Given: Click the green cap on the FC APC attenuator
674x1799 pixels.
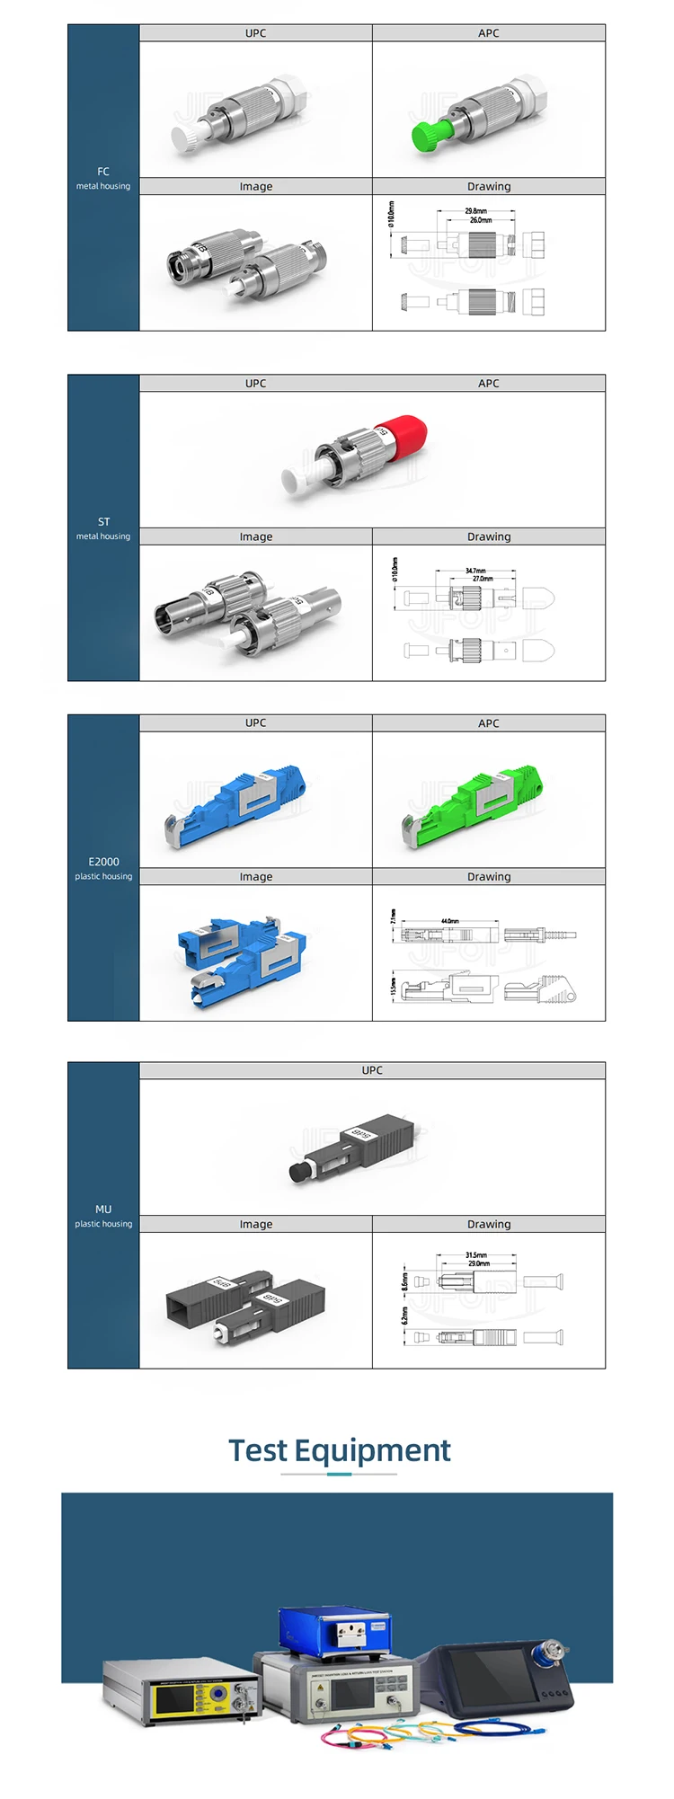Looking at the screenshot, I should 425,136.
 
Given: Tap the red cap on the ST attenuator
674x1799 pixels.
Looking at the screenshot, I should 403,433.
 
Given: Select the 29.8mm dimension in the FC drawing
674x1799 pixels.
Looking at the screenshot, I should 475,211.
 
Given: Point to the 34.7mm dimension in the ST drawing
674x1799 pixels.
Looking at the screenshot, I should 475,571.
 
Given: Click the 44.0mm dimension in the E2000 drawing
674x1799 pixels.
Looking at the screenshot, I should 450,921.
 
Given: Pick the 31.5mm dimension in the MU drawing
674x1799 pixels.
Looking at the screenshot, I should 476,1255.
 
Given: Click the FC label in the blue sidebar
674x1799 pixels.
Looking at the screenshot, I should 103,171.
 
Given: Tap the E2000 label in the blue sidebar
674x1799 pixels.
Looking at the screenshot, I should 103,861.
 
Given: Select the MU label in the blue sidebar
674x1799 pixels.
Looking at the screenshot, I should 103,1210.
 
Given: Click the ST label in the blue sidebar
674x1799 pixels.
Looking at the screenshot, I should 103,521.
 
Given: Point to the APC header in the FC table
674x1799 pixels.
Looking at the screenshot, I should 489,33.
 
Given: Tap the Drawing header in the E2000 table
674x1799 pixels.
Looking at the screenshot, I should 489,877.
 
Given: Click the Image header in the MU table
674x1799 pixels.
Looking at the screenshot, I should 256,1224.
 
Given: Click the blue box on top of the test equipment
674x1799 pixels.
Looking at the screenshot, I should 336,1629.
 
